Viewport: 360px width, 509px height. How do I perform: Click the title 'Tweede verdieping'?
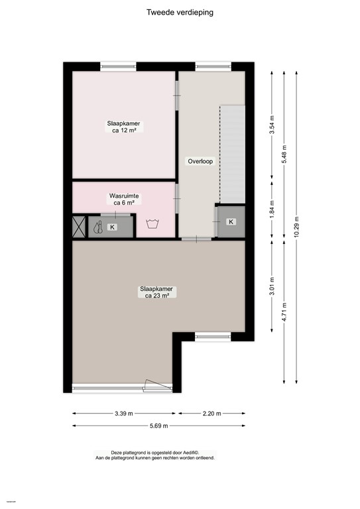[x=180, y=12]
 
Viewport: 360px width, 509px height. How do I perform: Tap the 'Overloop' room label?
[x=200, y=161]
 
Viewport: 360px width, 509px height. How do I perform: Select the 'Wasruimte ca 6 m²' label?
[x=124, y=199]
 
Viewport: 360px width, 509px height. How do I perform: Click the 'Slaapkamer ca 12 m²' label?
[x=124, y=127]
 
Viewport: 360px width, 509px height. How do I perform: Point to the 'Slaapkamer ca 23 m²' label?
[x=156, y=292]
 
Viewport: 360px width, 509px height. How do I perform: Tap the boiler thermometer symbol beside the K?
[x=98, y=227]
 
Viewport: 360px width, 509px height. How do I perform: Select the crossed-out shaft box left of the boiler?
[x=78, y=227]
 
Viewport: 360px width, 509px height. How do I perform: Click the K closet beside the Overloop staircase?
[x=230, y=221]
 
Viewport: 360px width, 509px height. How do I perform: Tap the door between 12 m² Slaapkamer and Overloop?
[x=177, y=96]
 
